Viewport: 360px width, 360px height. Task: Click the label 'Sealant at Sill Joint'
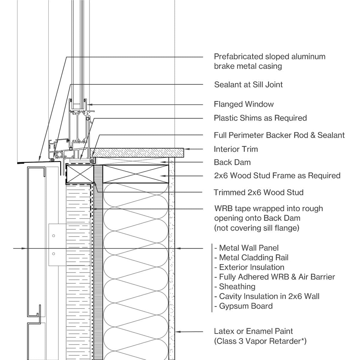coord(248,85)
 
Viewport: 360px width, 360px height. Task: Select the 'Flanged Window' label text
coord(244,104)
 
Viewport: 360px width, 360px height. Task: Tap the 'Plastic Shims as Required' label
coord(260,118)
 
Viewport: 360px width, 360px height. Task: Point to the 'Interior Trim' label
coord(236,149)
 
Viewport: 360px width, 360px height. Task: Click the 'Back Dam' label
coord(232,162)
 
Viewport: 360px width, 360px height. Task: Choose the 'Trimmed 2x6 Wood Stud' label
coord(258,192)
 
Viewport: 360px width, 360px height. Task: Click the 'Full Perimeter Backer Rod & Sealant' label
coord(279,135)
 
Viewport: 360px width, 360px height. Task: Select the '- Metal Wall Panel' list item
coord(246,248)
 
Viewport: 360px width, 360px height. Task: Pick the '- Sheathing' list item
coord(235,287)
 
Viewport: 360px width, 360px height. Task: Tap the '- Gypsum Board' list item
coord(244,306)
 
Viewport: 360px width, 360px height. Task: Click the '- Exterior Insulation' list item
coord(249,267)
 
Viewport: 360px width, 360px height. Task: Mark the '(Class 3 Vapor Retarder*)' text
coord(260,341)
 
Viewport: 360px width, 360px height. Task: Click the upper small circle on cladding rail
coord(54,236)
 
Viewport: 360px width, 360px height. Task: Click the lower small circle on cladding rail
coord(54,254)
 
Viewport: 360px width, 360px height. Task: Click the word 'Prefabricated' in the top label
coord(238,57)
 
